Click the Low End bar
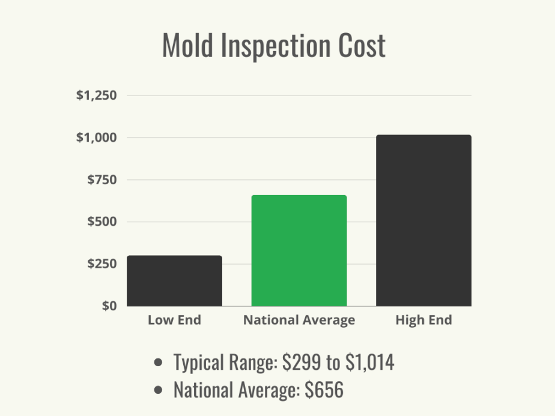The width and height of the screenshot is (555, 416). click(174, 281)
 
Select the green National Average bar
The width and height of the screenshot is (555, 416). click(299, 250)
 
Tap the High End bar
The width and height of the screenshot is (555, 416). click(423, 220)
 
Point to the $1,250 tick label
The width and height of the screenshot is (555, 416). click(96, 95)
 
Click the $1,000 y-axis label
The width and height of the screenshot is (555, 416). click(96, 137)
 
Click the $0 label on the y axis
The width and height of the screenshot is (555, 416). click(108, 306)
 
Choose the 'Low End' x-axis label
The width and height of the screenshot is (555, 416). click(174, 321)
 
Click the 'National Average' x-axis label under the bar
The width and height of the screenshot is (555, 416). click(299, 321)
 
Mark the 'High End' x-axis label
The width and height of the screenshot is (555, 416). click(423, 321)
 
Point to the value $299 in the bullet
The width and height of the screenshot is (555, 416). click(298, 363)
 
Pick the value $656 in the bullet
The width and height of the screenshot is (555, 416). click(324, 390)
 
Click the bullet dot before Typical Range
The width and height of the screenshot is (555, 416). click(159, 363)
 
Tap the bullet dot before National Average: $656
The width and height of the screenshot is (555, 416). click(159, 391)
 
